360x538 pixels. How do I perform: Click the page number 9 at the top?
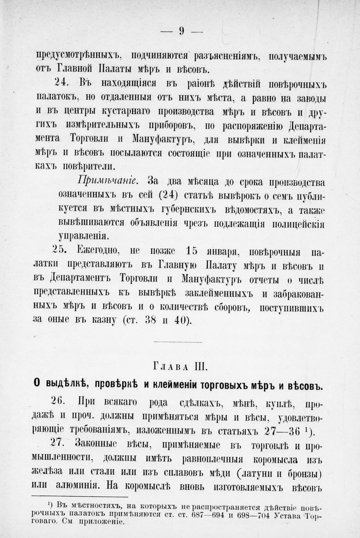pyautogui.click(x=182, y=31)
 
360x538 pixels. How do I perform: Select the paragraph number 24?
pyautogui.click(x=61, y=82)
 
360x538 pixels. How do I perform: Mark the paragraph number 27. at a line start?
pyautogui.click(x=61, y=443)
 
